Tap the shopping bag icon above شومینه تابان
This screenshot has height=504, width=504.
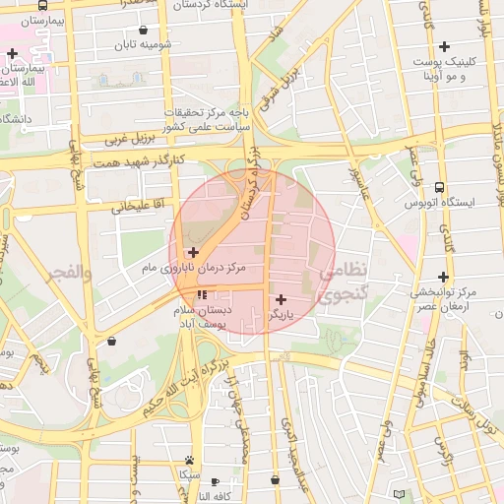[x=146, y=31]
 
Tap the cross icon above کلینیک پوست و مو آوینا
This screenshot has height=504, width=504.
[x=444, y=46]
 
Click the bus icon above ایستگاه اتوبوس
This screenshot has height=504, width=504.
[x=439, y=187]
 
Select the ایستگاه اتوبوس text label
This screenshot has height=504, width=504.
[x=439, y=202]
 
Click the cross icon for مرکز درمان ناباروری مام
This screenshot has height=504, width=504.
[x=194, y=253]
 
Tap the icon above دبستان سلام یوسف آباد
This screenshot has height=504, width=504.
[x=202, y=294]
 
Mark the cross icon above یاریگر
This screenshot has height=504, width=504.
[x=282, y=299]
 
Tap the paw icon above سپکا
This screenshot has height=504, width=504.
[x=188, y=460]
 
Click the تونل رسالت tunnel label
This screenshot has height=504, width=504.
[x=473, y=411]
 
